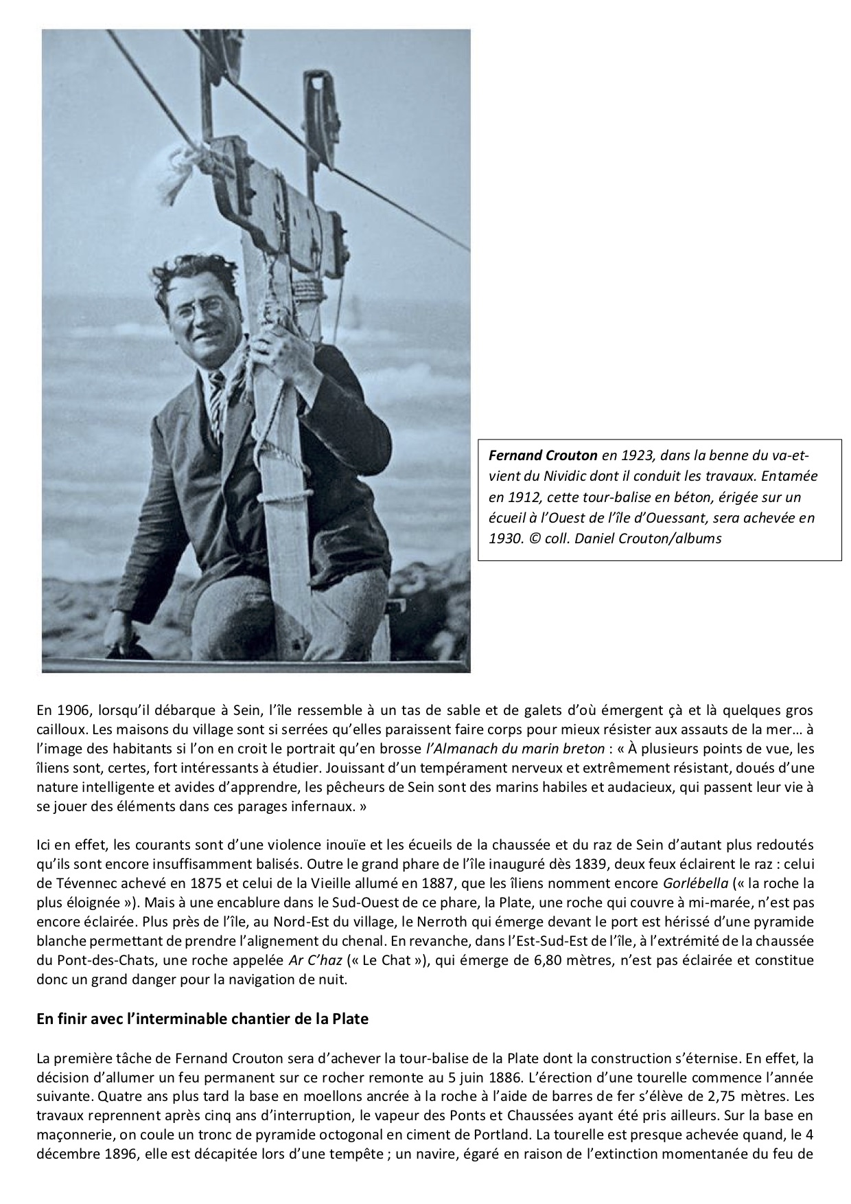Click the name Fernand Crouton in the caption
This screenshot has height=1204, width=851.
[542, 455]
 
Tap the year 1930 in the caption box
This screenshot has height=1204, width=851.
[504, 538]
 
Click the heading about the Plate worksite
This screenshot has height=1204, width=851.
[202, 1019]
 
